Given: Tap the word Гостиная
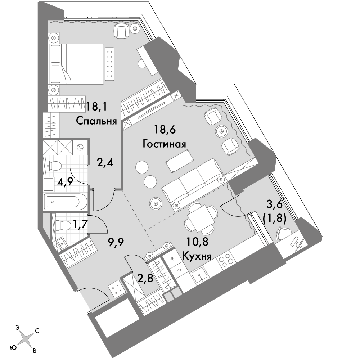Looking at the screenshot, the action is coord(165,144).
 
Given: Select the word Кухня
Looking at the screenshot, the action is coord(197,256).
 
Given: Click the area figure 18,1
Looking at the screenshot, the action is coord(96,107).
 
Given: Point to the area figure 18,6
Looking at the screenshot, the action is coord(165,130).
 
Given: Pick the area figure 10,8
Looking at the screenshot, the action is coord(197,242).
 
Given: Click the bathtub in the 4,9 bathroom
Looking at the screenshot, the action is coord(66,202).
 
